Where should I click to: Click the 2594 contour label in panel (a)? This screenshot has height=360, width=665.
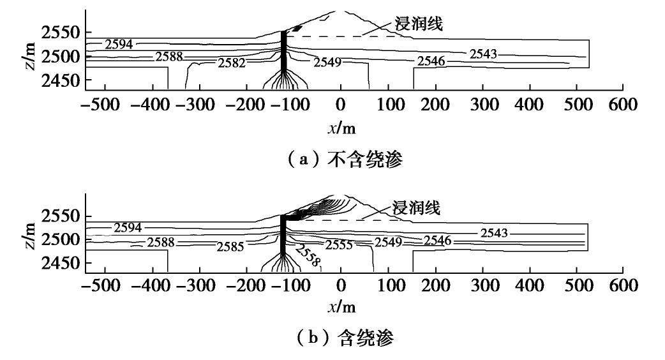(x=119, y=45)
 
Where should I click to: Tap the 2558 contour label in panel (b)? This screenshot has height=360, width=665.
(x=309, y=256)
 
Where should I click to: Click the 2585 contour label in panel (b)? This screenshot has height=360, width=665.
(x=230, y=246)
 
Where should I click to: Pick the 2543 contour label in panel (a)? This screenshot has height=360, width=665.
(x=484, y=54)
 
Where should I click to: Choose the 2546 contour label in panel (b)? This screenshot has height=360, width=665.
(x=438, y=241)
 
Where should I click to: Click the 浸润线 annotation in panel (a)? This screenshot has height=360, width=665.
(x=419, y=24)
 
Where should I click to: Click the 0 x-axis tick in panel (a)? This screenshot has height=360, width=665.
(x=341, y=105)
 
